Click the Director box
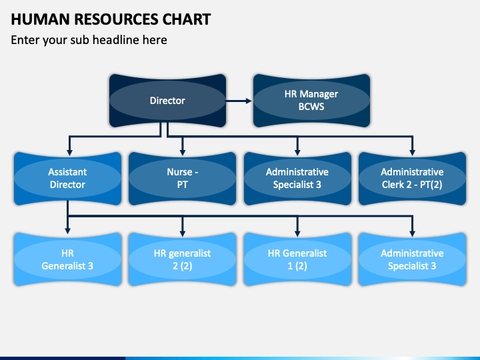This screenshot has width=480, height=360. tap(167, 101)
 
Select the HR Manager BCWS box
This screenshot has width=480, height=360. tap(311, 101)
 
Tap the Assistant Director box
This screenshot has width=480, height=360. tap(67, 179)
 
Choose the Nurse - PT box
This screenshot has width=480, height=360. tap(183, 179)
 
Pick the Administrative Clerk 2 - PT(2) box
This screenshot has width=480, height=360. tap(413, 179)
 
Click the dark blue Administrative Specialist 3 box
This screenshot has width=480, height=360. tap(297, 179)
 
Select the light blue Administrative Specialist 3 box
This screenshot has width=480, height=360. tap(413, 259)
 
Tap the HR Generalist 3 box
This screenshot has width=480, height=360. tap(67, 259)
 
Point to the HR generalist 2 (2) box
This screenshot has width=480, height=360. tap(183, 259)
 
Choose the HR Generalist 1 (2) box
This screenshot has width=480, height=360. tap(297, 259)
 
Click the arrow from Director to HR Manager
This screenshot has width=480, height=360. tap(239, 101)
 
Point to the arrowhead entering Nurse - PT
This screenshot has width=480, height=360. tap(183, 153)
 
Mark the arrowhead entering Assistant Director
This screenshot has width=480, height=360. tap(70, 153)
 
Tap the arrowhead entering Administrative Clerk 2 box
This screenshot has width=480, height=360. tap(413, 153)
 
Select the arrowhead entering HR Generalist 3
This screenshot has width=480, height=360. tap(67, 231)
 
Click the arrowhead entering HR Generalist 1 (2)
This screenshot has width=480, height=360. tap(297, 233)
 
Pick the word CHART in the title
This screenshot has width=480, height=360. tap(187, 19)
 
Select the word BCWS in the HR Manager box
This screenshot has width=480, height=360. tap(311, 107)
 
